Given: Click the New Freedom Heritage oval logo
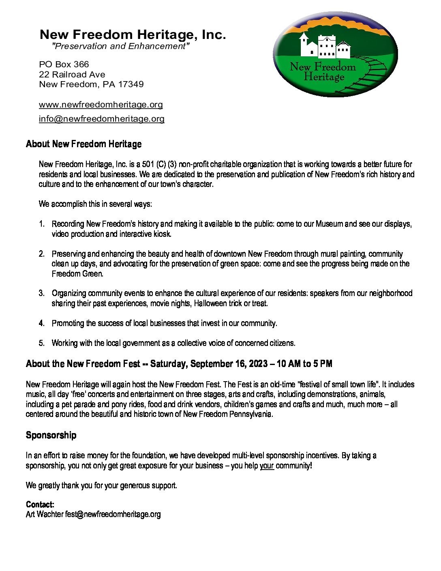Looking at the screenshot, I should tap(335, 54).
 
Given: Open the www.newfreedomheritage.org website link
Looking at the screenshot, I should tap(101, 105).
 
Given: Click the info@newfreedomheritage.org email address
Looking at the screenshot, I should tap(102, 119).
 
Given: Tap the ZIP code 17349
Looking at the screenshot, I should tap(131, 84).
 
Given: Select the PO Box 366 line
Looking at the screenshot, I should tap(64, 64).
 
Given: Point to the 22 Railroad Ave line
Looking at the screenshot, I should tap(72, 75).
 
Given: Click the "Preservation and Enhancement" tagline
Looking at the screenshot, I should tap(120, 46).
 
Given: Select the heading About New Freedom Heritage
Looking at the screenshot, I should tap(83, 144).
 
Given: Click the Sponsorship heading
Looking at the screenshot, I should tap(51, 435).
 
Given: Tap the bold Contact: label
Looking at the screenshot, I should tap(40, 504).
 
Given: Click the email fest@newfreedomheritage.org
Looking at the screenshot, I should tap(113, 514).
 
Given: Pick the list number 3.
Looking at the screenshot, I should tap(42, 293).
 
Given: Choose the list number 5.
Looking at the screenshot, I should tap(42, 343).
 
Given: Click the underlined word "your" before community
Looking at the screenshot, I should tap(267, 466).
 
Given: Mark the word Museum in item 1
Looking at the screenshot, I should tap(329, 224).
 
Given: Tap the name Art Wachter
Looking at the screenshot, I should tap(45, 514).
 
